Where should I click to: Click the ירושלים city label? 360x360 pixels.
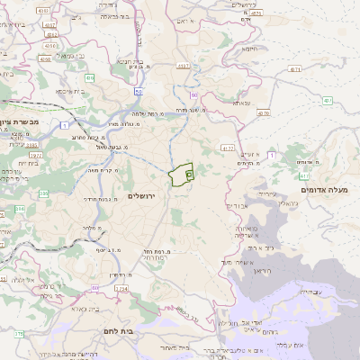click(x=142, y=195)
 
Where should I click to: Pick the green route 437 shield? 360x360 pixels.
click(x=328, y=100)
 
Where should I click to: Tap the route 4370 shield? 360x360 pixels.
click(x=263, y=114)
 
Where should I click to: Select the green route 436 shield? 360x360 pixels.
click(x=89, y=78)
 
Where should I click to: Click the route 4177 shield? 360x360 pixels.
click(x=228, y=148)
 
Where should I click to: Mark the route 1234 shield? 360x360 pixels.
click(x=121, y=288)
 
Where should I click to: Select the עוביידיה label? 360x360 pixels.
click(x=307, y=292)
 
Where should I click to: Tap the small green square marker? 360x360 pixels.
click(x=189, y=175)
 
